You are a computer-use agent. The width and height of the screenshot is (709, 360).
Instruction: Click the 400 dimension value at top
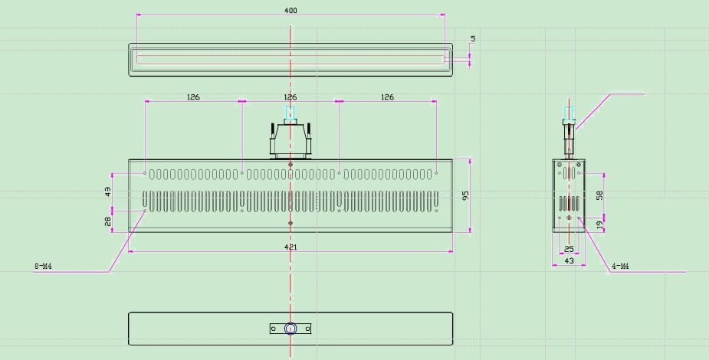(x=290, y=11)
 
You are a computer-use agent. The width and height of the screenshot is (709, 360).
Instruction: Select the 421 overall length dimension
(x=290, y=247)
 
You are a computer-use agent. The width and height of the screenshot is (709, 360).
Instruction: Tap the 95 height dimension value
(x=466, y=195)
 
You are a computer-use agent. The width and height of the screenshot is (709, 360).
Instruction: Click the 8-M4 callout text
(x=44, y=267)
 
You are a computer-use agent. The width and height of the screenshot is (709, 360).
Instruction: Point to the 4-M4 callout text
(x=620, y=267)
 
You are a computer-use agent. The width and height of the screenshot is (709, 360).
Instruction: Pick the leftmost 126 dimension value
(x=193, y=97)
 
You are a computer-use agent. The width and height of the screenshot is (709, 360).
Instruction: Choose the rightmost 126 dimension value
(x=388, y=97)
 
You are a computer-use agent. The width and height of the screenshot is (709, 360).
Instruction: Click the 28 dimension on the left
(x=108, y=221)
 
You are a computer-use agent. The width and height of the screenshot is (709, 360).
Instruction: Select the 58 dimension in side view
(x=600, y=195)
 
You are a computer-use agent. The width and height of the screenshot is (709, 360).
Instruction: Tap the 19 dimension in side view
(x=600, y=224)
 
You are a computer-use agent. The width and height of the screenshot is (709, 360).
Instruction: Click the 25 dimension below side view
(x=569, y=249)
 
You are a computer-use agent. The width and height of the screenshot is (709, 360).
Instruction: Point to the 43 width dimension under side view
(x=569, y=261)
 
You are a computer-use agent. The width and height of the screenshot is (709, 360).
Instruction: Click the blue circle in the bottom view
(x=290, y=329)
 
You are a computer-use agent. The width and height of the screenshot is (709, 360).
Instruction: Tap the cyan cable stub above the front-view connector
(x=290, y=113)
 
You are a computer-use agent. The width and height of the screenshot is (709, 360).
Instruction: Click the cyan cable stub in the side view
(x=569, y=113)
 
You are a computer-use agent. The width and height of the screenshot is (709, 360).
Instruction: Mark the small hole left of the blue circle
(x=274, y=329)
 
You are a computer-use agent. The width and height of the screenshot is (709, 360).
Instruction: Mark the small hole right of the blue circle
(x=307, y=329)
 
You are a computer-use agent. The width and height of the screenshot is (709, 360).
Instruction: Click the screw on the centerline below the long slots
(x=290, y=223)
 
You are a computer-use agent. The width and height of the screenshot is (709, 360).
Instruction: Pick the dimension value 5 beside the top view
(x=474, y=39)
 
